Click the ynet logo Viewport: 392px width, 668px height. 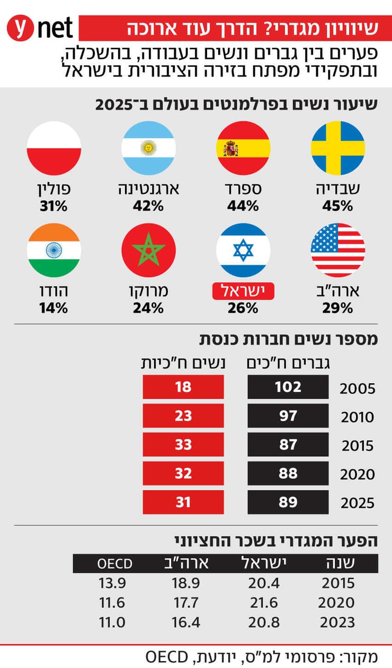pos(40,29)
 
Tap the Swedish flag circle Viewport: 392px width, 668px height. pos(337,148)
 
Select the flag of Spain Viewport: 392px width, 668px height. pos(243,148)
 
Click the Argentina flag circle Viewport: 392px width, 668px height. pos(148,148)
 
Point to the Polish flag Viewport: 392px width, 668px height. pos(54,148)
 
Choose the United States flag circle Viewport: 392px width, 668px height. pos(337,250)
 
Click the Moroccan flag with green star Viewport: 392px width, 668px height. pos(148,250)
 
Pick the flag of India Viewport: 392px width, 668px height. pos(54,250)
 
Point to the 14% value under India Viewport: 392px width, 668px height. pos(54,308)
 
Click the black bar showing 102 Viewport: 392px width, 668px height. pos(288,387)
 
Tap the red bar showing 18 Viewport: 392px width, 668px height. pos(183,387)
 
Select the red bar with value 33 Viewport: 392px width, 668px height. pos(183,444)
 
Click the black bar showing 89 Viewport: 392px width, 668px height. pos(288,501)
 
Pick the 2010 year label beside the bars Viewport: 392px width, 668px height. pos(357,418)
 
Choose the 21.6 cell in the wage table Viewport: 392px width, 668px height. pos(263,603)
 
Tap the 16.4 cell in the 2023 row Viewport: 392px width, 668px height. pos(186,622)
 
